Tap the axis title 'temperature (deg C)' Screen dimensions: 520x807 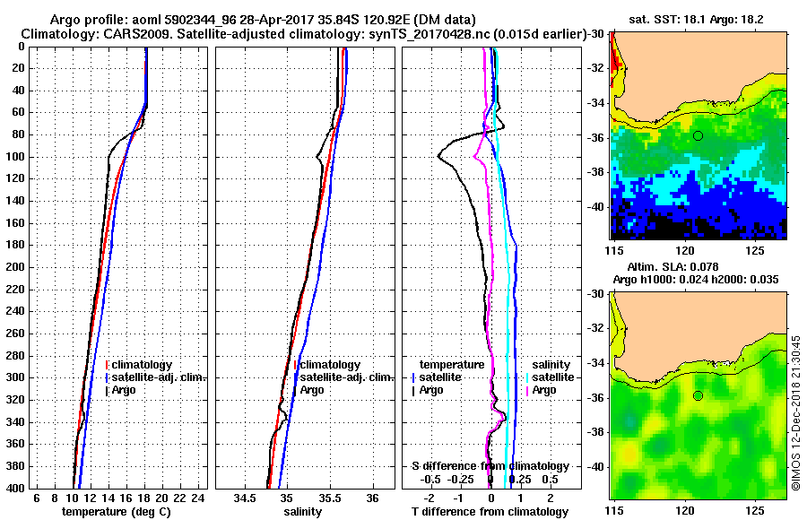point(116,511)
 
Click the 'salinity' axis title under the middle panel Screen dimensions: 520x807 point(305,511)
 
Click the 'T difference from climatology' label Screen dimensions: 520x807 point(490,511)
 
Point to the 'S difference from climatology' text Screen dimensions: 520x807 point(490,466)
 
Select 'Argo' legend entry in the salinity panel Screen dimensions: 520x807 point(313,390)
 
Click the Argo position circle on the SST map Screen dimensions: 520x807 point(698,135)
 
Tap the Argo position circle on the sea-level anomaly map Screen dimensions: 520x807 point(698,395)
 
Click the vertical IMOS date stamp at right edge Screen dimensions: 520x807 point(795,412)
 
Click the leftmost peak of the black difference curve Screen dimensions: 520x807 point(439,156)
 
